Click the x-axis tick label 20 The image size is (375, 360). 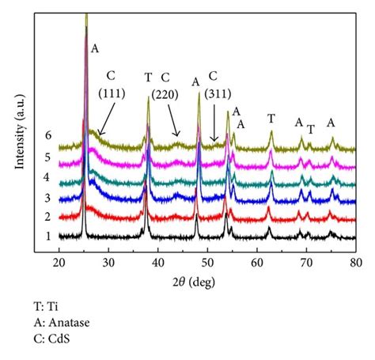(59, 261)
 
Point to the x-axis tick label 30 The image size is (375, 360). (108, 261)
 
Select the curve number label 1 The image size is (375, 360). (47, 235)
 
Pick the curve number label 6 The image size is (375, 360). (47, 135)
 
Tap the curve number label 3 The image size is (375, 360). (47, 196)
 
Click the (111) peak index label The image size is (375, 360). (111, 93)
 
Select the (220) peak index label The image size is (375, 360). (165, 93)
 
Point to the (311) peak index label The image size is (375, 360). (213, 93)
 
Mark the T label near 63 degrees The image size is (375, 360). (271, 119)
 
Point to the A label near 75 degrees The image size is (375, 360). (331, 123)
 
